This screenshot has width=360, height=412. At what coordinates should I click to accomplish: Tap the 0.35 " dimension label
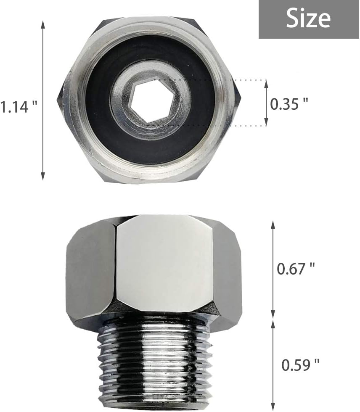(289, 104)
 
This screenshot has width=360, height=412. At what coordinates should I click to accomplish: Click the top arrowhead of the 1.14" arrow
(42, 24)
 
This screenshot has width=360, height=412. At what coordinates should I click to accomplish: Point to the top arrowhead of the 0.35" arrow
(265, 82)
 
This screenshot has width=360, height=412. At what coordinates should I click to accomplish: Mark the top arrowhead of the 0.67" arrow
(273, 223)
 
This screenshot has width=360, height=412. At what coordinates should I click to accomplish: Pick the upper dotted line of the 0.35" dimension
(223, 79)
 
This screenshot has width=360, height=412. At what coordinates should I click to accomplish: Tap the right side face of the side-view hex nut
(227, 273)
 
